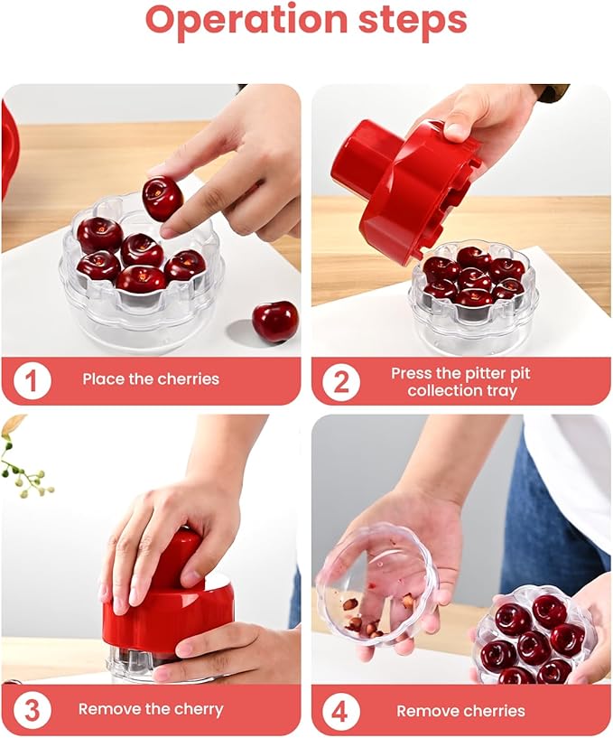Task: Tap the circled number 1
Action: (x=33, y=379)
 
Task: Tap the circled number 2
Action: (x=341, y=381)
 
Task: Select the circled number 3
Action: (x=33, y=709)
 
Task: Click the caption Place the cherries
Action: (x=151, y=379)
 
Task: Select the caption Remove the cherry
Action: (x=151, y=709)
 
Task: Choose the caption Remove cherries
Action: (x=461, y=711)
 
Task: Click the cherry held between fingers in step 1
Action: (x=163, y=199)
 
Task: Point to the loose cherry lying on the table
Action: (x=274, y=322)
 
